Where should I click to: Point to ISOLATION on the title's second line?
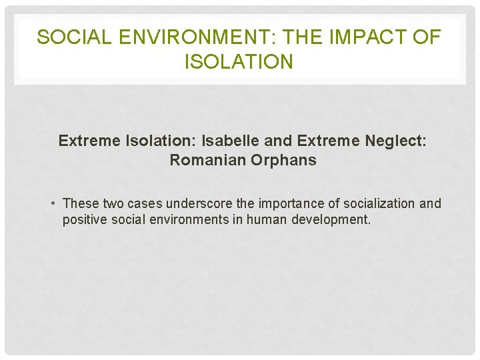pyautogui.click(x=239, y=62)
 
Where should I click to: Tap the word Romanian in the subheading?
pyautogui.click(x=205, y=160)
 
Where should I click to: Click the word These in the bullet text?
pyautogui.click(x=81, y=203)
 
